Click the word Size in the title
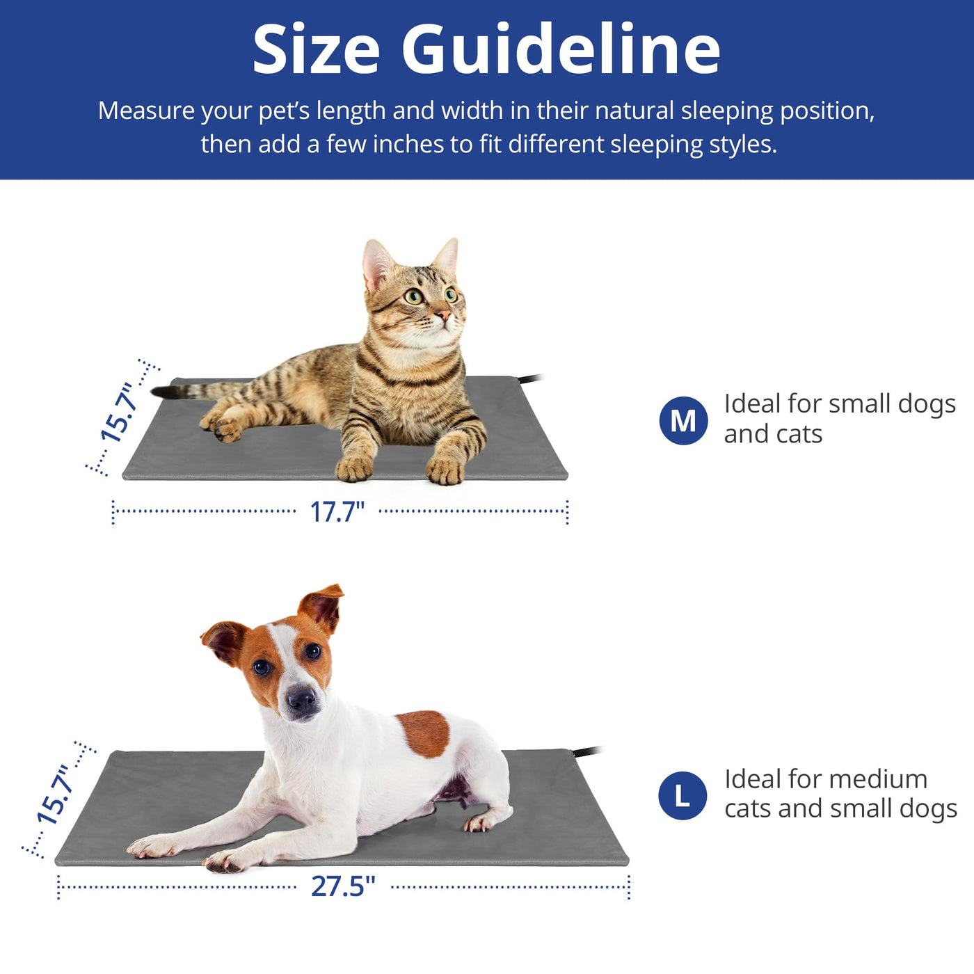316,49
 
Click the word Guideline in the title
561,49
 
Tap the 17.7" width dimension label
337,511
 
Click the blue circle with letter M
683,420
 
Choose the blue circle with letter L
682,796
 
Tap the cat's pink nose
444,315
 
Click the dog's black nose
301,699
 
